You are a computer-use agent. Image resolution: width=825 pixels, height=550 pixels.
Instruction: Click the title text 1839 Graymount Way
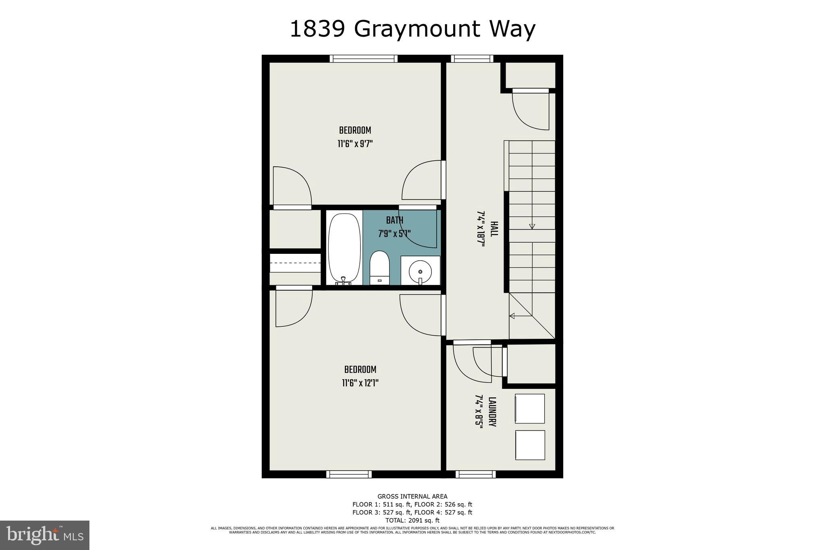412,29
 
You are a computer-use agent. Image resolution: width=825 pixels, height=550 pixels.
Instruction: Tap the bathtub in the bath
344,248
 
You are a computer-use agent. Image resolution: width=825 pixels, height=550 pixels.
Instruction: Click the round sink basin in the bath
420,272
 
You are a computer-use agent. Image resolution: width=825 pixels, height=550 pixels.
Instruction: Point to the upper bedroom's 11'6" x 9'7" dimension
355,144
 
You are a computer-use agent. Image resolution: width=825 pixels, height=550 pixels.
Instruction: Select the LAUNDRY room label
492,412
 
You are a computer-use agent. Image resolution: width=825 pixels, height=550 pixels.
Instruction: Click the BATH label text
394,220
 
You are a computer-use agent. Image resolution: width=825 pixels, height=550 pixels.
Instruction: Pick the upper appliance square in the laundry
530,409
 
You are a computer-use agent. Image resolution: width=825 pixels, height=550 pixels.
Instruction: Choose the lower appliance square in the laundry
530,445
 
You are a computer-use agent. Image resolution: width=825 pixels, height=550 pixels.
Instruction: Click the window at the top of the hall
472,59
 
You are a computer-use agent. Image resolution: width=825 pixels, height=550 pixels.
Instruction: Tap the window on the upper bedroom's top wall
363,59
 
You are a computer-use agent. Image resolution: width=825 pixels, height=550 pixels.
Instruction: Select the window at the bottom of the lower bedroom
349,474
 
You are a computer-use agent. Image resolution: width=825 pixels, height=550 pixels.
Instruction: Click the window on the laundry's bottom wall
476,474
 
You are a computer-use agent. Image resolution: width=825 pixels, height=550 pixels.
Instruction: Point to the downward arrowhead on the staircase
532,226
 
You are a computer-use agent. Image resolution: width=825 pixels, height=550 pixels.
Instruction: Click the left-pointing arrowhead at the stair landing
512,316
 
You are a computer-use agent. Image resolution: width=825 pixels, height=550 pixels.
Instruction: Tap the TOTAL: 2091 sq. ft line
412,520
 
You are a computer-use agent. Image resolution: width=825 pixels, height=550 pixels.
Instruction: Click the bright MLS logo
45,535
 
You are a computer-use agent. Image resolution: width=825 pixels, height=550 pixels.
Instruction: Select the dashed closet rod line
295,263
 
